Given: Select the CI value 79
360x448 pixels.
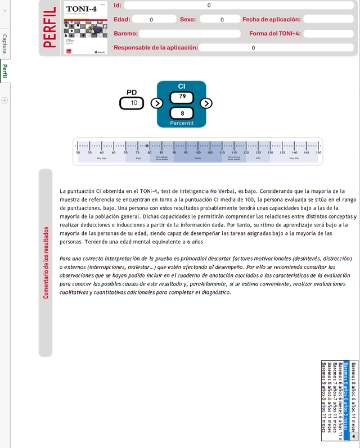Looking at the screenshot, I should [x=182, y=97].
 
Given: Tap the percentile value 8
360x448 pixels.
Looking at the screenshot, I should [x=182, y=114].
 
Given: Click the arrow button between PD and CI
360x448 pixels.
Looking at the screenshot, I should [x=157, y=103].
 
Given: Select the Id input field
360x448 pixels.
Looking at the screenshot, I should [x=209, y=5].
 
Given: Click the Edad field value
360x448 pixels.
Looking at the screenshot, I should [x=151, y=20].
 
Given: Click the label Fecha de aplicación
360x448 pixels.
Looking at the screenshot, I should [x=271, y=20].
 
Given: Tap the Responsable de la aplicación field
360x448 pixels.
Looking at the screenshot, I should [x=253, y=48].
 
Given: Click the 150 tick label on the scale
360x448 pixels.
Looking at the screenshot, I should [x=318, y=152].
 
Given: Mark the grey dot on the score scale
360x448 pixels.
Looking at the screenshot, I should [x=147, y=146].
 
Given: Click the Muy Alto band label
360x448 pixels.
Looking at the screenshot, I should [x=294, y=159].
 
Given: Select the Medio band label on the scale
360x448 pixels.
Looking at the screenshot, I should [x=198, y=159].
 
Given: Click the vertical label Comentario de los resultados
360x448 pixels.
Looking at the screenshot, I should [x=46, y=262].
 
